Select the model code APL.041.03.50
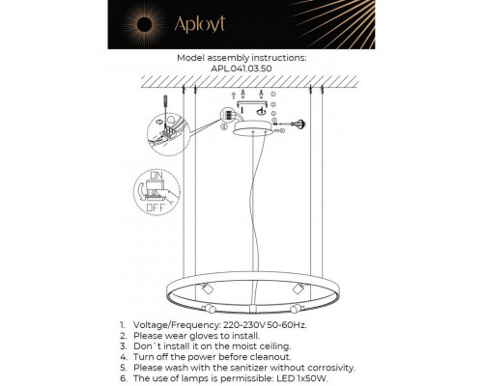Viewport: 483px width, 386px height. [x=241, y=69]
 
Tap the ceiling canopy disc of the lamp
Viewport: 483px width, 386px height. [x=255, y=128]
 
